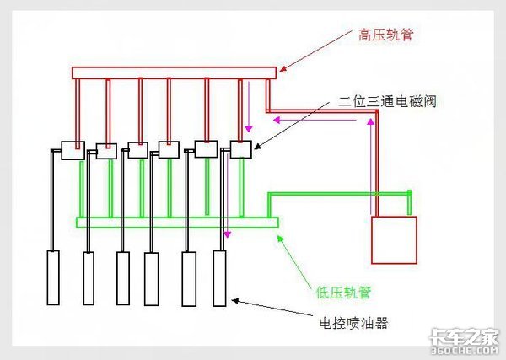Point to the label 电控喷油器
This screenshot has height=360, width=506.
tap(355, 322)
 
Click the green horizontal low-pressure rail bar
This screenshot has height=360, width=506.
tap(177, 223)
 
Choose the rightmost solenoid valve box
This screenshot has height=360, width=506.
tap(241, 149)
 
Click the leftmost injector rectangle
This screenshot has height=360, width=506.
tap(53, 277)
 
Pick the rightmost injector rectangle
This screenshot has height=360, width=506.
tap(219, 278)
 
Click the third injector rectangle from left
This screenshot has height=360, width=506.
tap(123, 278)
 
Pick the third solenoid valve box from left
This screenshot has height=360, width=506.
tap(138, 151)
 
